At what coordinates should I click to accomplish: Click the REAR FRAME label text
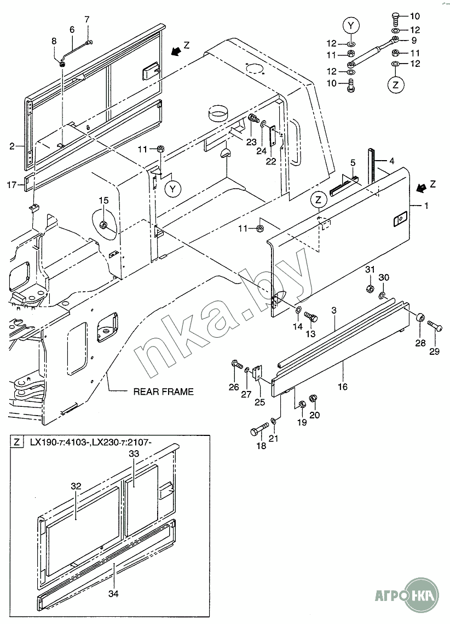pyautogui.click(x=164, y=392)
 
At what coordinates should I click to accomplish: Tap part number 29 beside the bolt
pyautogui.click(x=434, y=351)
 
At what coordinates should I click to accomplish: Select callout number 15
pyautogui.click(x=104, y=201)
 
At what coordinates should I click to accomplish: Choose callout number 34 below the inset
pyautogui.click(x=114, y=593)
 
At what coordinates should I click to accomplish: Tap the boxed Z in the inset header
pyautogui.click(x=18, y=442)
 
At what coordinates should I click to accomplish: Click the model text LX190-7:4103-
pyautogui.click(x=59, y=442)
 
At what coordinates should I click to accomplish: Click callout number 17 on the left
pyautogui.click(x=11, y=185)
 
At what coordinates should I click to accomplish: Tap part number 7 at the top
pyautogui.click(x=86, y=20)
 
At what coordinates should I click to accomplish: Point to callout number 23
pyautogui.click(x=251, y=141)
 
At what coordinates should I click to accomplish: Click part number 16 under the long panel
pyautogui.click(x=343, y=387)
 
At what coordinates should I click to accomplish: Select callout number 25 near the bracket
pyautogui.click(x=259, y=402)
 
